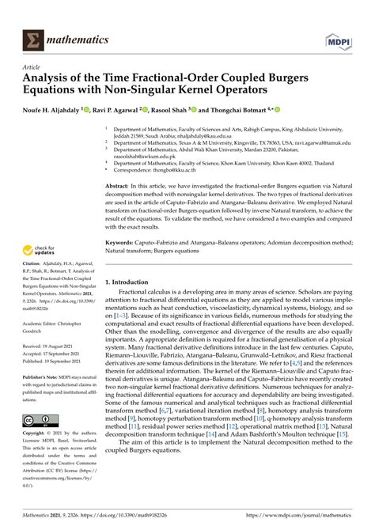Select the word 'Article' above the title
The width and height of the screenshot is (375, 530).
point(35,68)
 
